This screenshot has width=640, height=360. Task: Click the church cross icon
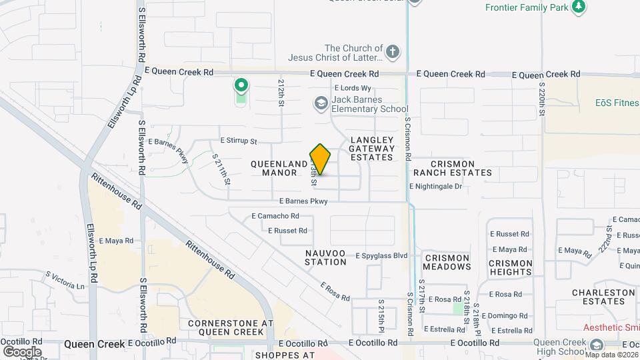pyautogui.click(x=393, y=51)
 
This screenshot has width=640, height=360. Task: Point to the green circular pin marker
pyautogui.click(x=241, y=86)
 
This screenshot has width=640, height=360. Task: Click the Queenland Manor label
pyautogui.click(x=274, y=168)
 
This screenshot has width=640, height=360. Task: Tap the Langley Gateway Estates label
pyautogui.click(x=371, y=149)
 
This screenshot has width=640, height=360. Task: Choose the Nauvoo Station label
pyautogui.click(x=326, y=257)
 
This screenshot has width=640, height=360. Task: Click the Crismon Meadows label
pyautogui.click(x=447, y=262)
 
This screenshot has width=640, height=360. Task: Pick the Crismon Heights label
pyautogui.click(x=511, y=267)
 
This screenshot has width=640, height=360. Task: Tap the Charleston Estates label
pyautogui.click(x=603, y=297)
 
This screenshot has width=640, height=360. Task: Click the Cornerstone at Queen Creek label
pyautogui.click(x=231, y=327)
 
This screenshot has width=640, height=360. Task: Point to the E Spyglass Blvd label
pyautogui.click(x=381, y=255)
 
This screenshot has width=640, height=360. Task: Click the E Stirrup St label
pyautogui.click(x=238, y=141)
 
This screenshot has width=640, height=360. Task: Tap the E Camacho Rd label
pyautogui.click(x=275, y=216)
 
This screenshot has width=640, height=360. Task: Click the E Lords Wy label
pyautogui.click(x=353, y=88)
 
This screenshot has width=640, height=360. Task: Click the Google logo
pyautogui.click(x=22, y=351)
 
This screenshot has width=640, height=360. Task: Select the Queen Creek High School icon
pyautogui.click(x=596, y=345)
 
